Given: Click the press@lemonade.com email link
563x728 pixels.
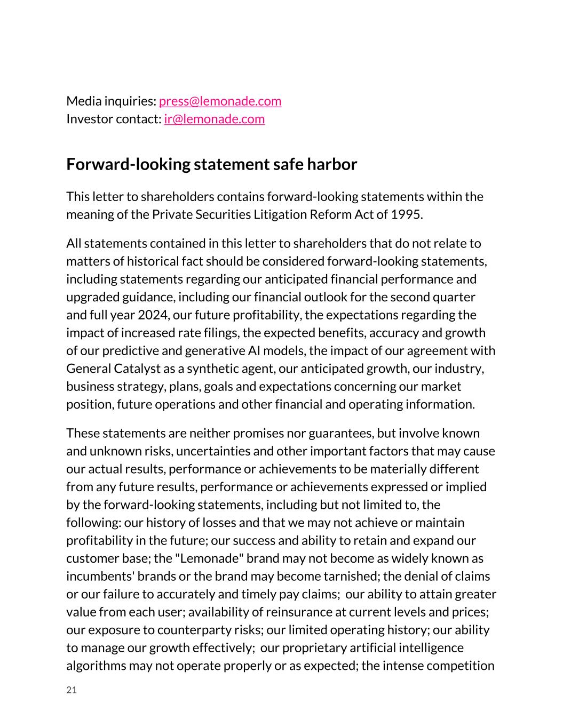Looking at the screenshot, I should tap(220, 101).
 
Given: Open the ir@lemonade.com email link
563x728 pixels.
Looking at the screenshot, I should tap(214, 119).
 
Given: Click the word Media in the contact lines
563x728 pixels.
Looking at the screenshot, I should tap(82, 101).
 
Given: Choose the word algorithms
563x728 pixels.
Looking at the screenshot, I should tap(96, 666).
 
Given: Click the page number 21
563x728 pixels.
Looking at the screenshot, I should tap(72, 690).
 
